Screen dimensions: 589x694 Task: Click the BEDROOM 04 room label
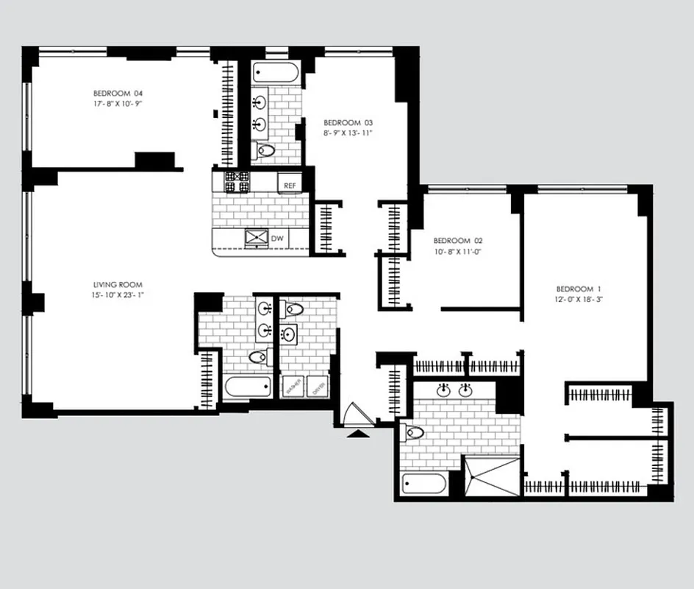[118, 94]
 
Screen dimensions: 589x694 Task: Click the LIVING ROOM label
[118, 284]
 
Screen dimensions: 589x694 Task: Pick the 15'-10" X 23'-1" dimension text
[118, 295]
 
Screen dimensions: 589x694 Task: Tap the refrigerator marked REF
[290, 186]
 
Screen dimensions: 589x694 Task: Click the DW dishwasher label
[278, 239]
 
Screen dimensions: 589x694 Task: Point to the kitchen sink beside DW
[257, 238]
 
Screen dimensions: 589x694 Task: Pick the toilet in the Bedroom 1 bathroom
[414, 433]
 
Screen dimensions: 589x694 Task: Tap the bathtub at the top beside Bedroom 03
[276, 73]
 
